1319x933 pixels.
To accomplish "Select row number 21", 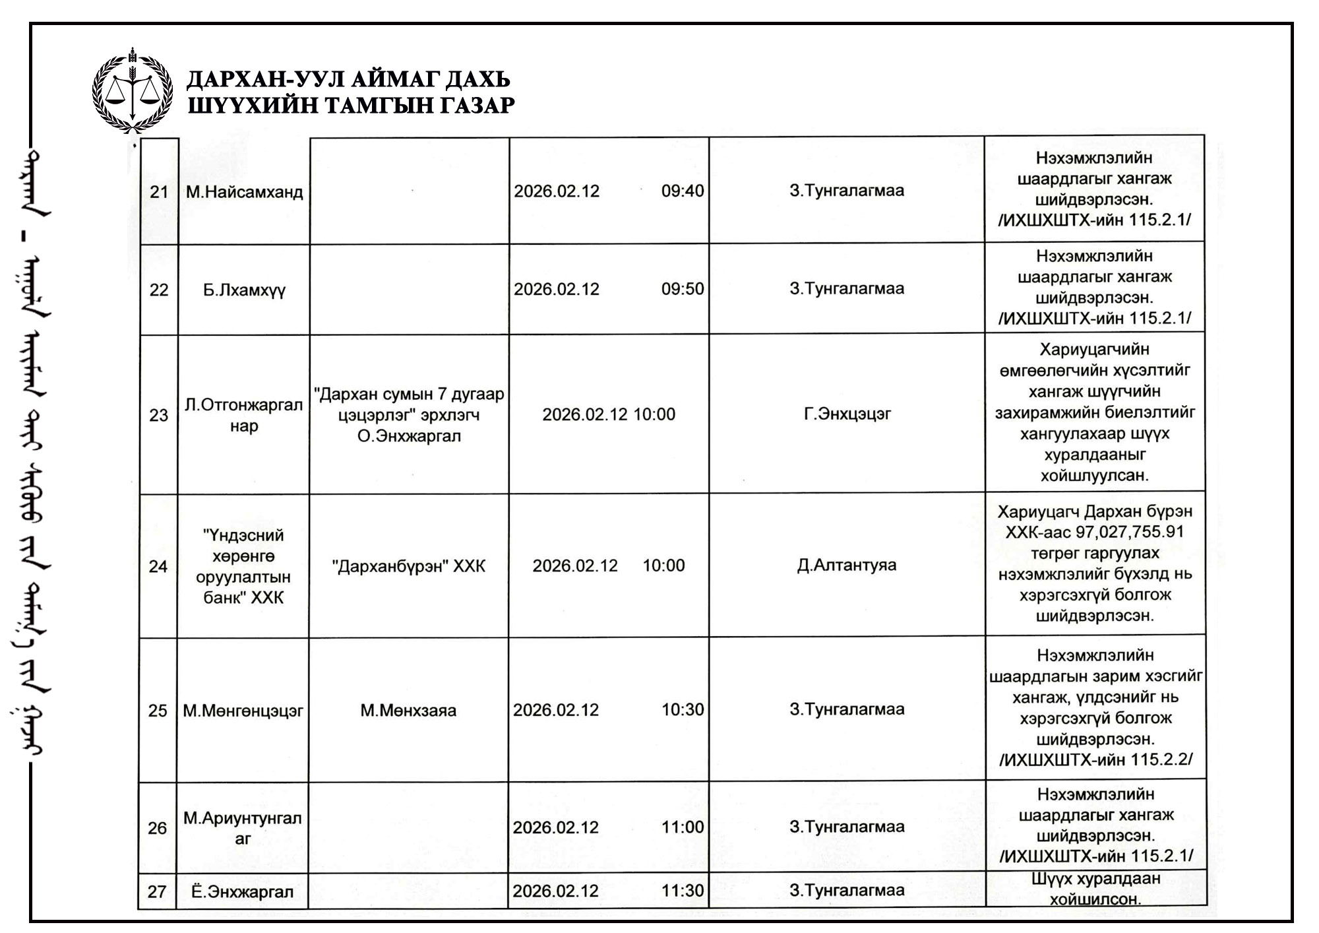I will pos(159,192).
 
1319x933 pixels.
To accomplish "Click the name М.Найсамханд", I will pos(244,192).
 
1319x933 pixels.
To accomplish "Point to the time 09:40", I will pos(683,191).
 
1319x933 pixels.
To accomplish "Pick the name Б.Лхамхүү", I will pos(244,290).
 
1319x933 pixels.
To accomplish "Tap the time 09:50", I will pos(683,289).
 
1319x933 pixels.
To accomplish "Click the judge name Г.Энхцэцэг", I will pos(847,414).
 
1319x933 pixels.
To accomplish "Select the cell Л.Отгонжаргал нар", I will pos(243,415).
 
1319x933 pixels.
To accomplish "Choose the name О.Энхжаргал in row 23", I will pos(409,436).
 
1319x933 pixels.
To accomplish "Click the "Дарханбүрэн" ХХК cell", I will pos(409,566).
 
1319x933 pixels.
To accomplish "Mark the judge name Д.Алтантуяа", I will pos(847,565).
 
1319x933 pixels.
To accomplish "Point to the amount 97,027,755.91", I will pos(1130,532).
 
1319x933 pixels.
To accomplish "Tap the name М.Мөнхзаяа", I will pos(408,711).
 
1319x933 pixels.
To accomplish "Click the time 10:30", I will pos(683,710).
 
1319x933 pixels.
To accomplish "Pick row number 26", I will pos(157,828).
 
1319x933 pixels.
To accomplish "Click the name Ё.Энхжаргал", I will pos(242,892).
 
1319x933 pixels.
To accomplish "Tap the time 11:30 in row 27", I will pos(683,891).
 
